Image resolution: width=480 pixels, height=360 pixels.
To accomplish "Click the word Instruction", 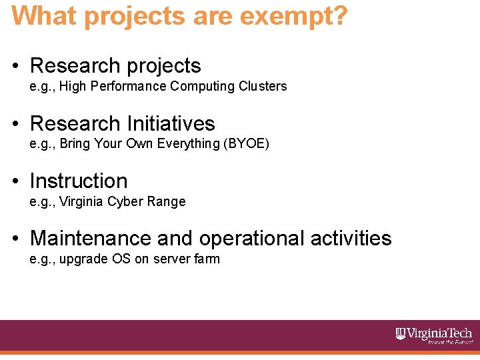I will point(79,181).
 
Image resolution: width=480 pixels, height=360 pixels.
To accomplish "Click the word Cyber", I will point(124,201).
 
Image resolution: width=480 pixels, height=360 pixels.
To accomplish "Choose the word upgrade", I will point(81,259).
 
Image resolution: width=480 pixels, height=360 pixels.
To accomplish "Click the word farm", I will point(207,259).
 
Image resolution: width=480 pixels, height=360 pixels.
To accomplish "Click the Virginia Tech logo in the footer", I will point(434,335).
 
